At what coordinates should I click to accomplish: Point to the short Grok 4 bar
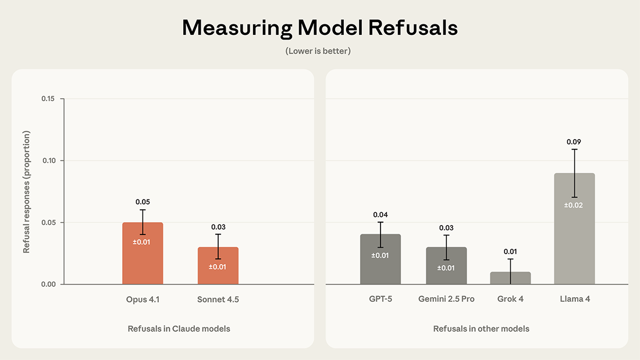pos(510,279)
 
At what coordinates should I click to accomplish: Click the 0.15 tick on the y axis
pos(48,99)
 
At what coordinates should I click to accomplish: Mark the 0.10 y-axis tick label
pos(48,161)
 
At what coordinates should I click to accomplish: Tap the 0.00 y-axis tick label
pos(48,284)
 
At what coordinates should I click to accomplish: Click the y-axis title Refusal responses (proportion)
pos(27,192)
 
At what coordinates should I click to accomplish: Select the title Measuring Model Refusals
pos(319,28)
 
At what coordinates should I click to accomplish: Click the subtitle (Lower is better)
pos(318,51)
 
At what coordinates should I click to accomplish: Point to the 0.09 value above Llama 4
pos(574,142)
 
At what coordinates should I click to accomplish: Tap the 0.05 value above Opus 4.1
pos(143,202)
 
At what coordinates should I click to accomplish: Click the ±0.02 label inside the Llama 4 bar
pos(574,205)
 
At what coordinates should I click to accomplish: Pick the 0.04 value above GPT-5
pos(381,215)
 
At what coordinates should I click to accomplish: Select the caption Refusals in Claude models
pos(179,329)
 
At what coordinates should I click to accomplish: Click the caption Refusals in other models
pos(481,329)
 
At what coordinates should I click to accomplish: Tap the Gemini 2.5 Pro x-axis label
pos(446,299)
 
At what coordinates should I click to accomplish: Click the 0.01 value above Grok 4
pos(510,251)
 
